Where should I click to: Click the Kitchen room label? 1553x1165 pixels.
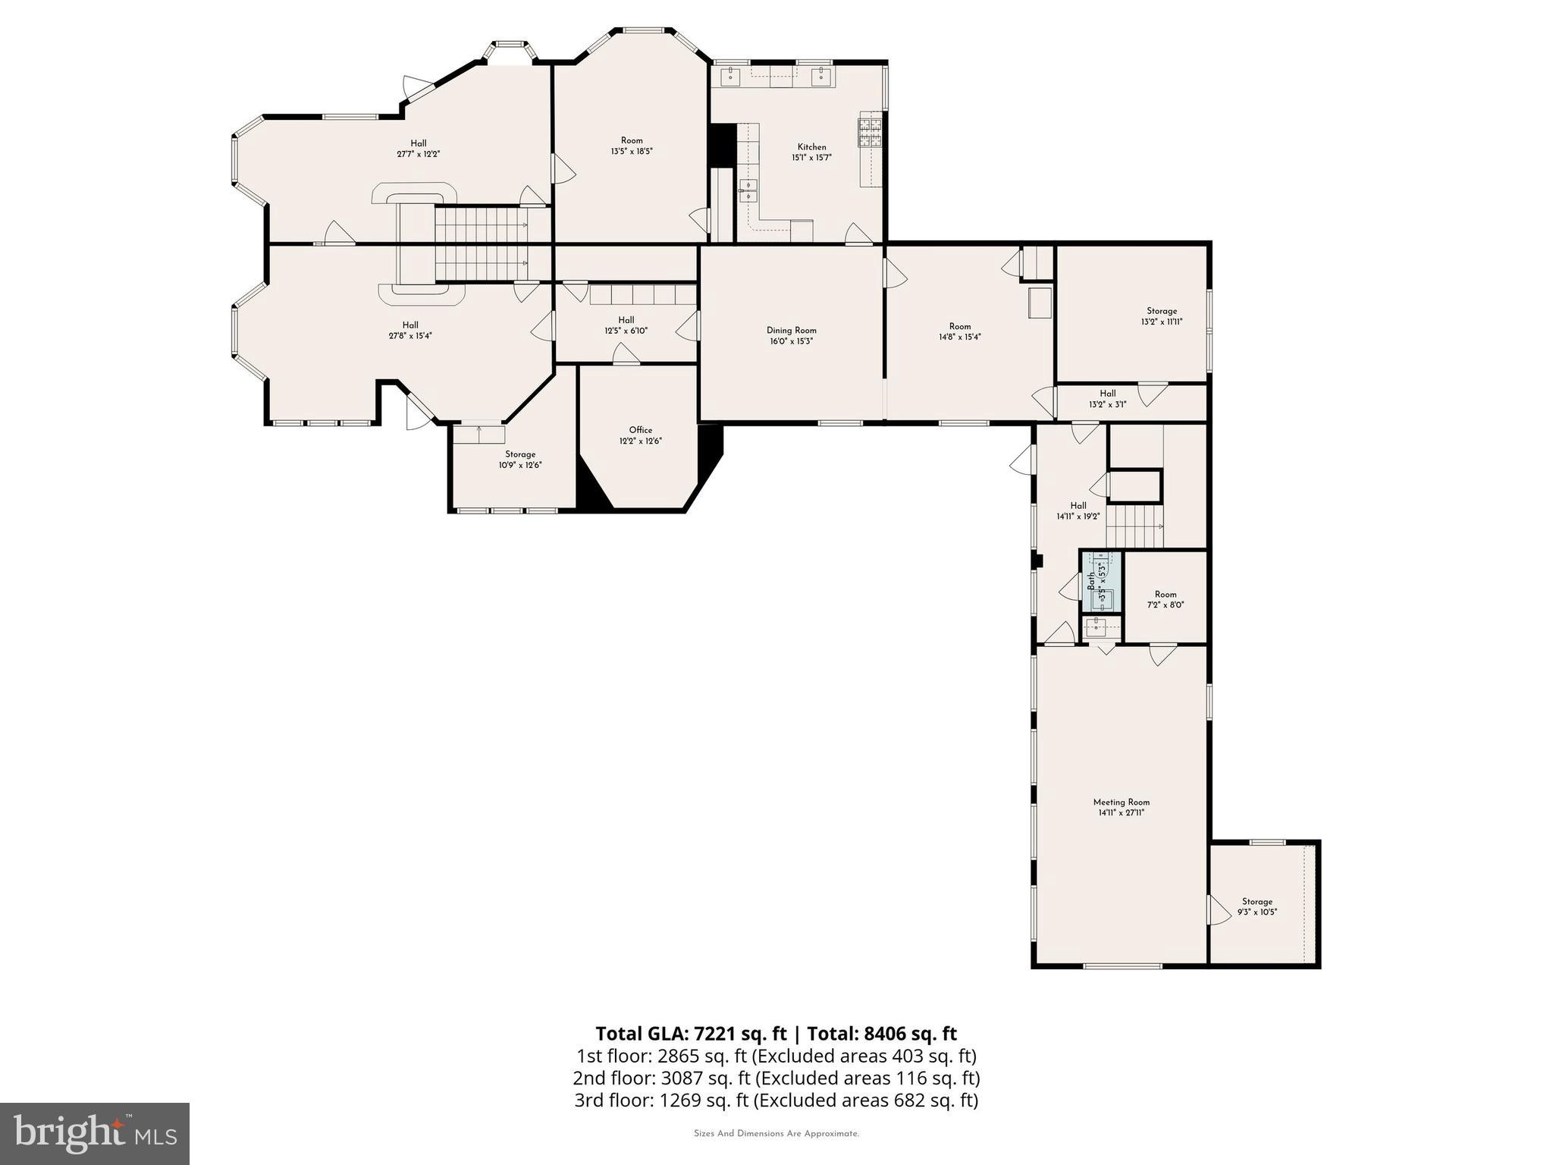tap(811, 147)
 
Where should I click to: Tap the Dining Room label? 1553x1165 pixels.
tap(791, 331)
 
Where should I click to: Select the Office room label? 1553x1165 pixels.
tap(640, 430)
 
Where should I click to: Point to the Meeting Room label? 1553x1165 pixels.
tap(1121, 802)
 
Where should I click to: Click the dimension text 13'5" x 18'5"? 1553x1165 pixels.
tap(632, 152)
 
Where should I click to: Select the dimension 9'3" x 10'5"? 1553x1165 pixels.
tap(1257, 912)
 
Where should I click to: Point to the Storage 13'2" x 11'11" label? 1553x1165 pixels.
tap(1161, 311)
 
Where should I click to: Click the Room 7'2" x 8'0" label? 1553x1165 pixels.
tap(1165, 595)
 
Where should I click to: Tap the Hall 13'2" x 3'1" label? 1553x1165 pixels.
tap(1107, 394)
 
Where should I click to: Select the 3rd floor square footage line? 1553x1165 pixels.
tap(776, 1101)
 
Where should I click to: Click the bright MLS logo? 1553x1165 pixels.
tap(95, 1133)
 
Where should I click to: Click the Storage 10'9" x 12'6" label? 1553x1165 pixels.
tap(520, 454)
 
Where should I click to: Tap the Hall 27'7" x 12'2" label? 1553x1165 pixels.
tap(419, 143)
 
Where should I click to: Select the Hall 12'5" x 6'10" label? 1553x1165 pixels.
tap(626, 320)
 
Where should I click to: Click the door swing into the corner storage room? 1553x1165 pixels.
tap(1219, 909)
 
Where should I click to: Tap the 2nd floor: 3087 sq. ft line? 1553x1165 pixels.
tap(776, 1078)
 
